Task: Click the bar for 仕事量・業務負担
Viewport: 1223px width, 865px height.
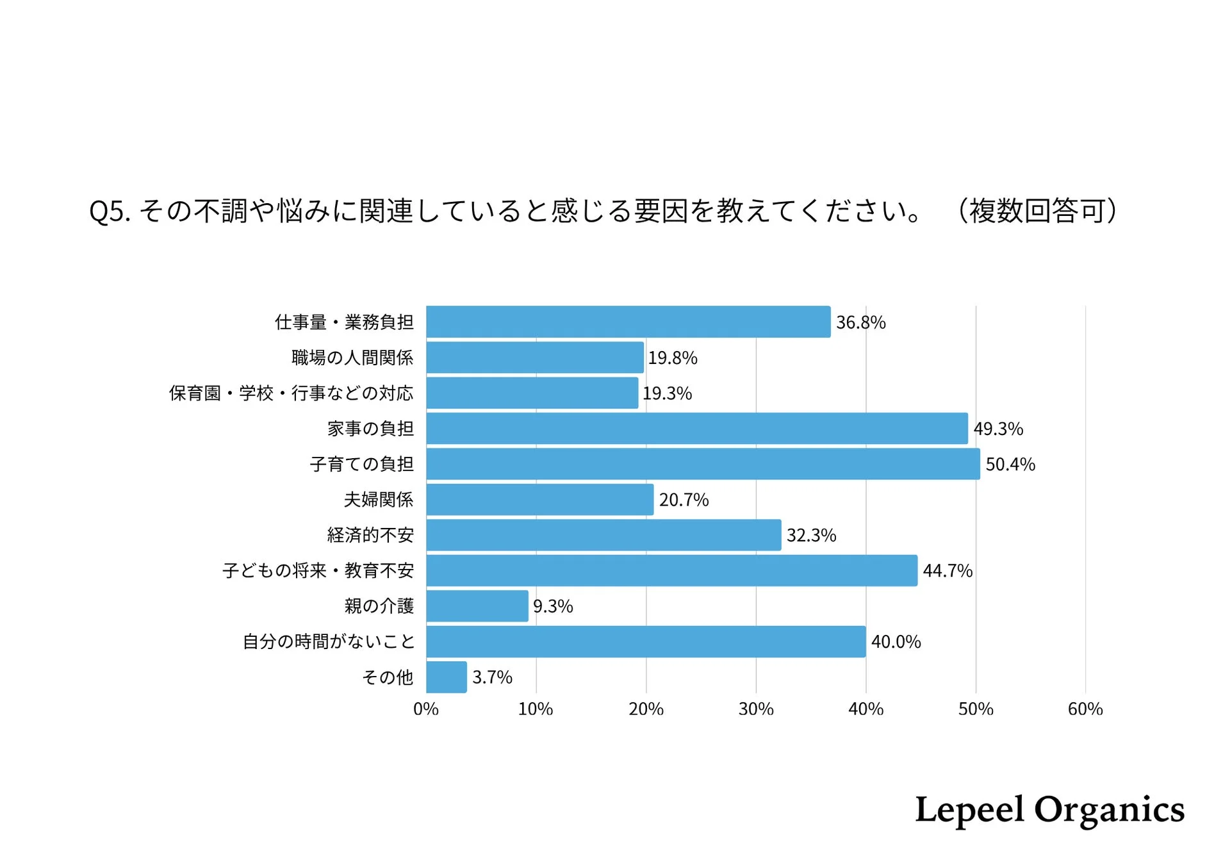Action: pyautogui.click(x=628, y=322)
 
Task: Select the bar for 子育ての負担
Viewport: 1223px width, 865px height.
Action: pyautogui.click(x=703, y=464)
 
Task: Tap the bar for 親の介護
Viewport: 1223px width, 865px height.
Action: pyautogui.click(x=477, y=606)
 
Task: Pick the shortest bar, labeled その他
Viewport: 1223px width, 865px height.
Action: pyautogui.click(x=447, y=677)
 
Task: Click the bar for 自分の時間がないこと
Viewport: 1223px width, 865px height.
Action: pyautogui.click(x=646, y=641)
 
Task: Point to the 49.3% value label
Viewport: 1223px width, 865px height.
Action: pyautogui.click(x=998, y=429)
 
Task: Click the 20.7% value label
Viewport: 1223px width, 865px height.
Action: pyautogui.click(x=684, y=500)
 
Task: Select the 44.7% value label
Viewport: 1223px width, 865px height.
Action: pyautogui.click(x=948, y=571)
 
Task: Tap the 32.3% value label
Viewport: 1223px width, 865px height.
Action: pyautogui.click(x=811, y=535)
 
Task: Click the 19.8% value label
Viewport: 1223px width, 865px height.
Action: pyautogui.click(x=672, y=358)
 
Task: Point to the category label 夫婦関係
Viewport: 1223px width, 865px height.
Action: pyautogui.click(x=379, y=500)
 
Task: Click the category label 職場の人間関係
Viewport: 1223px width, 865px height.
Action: pyautogui.click(x=352, y=358)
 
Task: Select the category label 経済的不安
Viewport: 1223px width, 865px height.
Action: pyautogui.click(x=370, y=535)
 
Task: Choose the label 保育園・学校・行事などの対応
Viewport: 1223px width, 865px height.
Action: pyautogui.click(x=291, y=393)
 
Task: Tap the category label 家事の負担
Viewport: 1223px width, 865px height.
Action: pyautogui.click(x=370, y=429)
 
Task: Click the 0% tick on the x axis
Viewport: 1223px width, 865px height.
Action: pyautogui.click(x=426, y=709)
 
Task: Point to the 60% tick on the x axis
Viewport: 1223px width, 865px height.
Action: pyautogui.click(x=1085, y=709)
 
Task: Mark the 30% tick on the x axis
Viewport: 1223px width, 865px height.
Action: pyautogui.click(x=756, y=709)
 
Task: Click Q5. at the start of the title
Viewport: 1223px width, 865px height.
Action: pyautogui.click(x=110, y=211)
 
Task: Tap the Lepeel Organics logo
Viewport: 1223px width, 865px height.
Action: pyautogui.click(x=1049, y=810)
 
